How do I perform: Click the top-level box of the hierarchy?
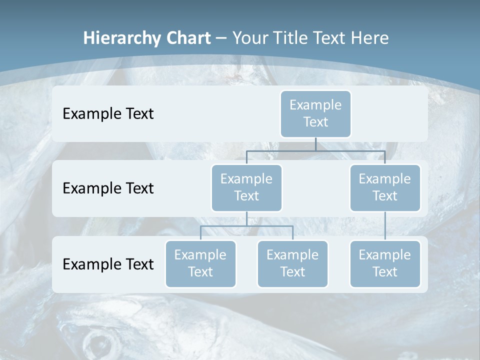pos(315,113)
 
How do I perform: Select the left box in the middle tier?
pos(246,187)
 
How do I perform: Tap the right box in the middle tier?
pos(385,187)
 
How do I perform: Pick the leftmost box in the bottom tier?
pos(200,263)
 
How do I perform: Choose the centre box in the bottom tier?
pos(292,263)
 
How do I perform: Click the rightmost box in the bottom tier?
pos(385,263)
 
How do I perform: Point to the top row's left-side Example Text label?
pos(108,114)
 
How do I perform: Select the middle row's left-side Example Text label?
pos(108,188)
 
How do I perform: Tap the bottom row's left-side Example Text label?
pos(108,264)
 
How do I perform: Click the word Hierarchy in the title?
pos(121,38)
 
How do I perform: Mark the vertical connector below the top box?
pos(315,144)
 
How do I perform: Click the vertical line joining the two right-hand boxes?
pos(385,226)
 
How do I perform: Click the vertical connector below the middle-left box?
pos(246,218)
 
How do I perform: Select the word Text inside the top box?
pos(315,122)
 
